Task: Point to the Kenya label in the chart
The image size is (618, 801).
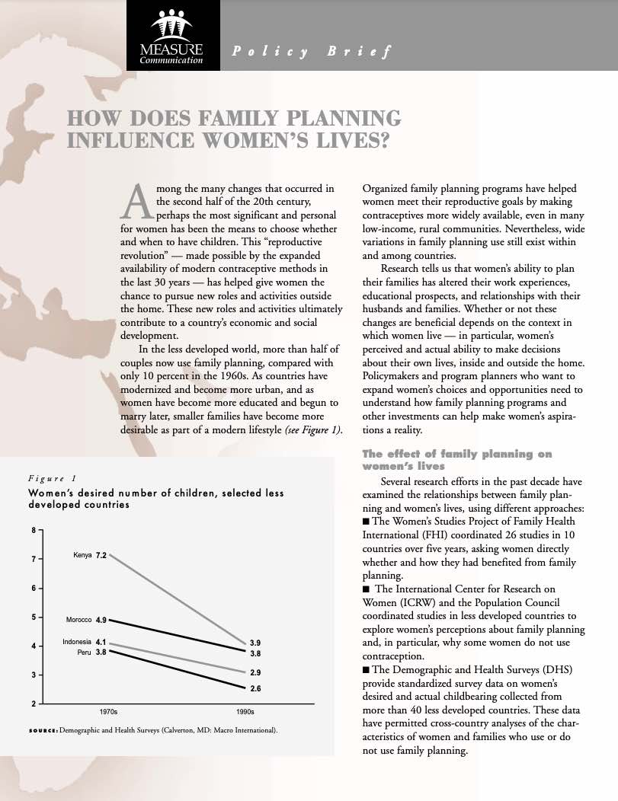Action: click(82, 554)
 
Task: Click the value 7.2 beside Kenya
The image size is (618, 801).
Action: click(101, 555)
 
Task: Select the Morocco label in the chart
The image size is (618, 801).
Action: click(78, 620)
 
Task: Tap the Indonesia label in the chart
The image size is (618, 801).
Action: click(77, 642)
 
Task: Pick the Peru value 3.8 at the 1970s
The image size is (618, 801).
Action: click(101, 653)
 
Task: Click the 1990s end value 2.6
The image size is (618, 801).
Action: click(255, 688)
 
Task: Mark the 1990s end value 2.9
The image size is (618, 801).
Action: click(255, 673)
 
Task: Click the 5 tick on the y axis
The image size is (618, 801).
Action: click(34, 618)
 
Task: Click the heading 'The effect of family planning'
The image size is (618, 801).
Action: click(456, 454)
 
